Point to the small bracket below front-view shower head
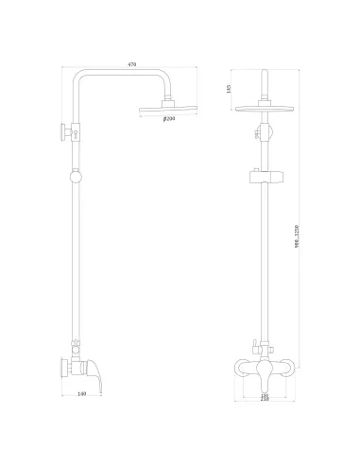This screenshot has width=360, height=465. (x=264, y=133)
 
